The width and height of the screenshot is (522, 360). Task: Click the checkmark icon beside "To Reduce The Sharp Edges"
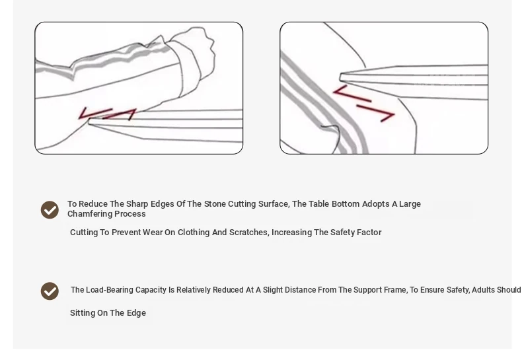pyautogui.click(x=50, y=209)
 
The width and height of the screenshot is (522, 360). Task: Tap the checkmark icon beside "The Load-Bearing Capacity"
pyautogui.click(x=50, y=291)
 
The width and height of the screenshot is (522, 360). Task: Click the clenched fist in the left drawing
pyautogui.click(x=196, y=54)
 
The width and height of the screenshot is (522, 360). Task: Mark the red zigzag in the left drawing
pyautogui.click(x=107, y=114)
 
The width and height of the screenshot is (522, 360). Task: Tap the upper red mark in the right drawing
pyautogui.click(x=352, y=94)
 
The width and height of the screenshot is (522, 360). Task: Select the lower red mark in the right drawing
pyautogui.click(x=376, y=113)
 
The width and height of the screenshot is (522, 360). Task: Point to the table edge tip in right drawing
pyautogui.click(x=340, y=77)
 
